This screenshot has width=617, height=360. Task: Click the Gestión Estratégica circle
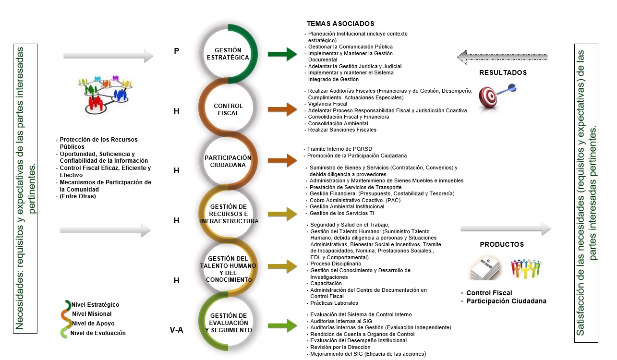point(228,53)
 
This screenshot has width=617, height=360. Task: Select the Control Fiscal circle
point(228,109)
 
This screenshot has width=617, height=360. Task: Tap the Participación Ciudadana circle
point(228,161)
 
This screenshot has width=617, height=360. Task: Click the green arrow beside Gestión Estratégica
point(283,54)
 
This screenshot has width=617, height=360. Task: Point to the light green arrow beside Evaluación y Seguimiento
point(283,325)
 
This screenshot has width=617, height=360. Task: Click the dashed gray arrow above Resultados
point(509,57)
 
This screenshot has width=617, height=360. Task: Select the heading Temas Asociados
point(340,24)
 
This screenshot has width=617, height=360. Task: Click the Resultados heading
point(503,73)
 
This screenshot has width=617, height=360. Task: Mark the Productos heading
point(502,244)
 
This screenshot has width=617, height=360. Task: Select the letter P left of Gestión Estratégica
point(177,50)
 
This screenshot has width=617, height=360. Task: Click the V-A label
point(177,330)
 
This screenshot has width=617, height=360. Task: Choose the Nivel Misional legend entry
point(92,314)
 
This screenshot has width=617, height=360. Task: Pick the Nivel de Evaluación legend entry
point(97,333)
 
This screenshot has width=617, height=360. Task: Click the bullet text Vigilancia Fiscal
point(327,104)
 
